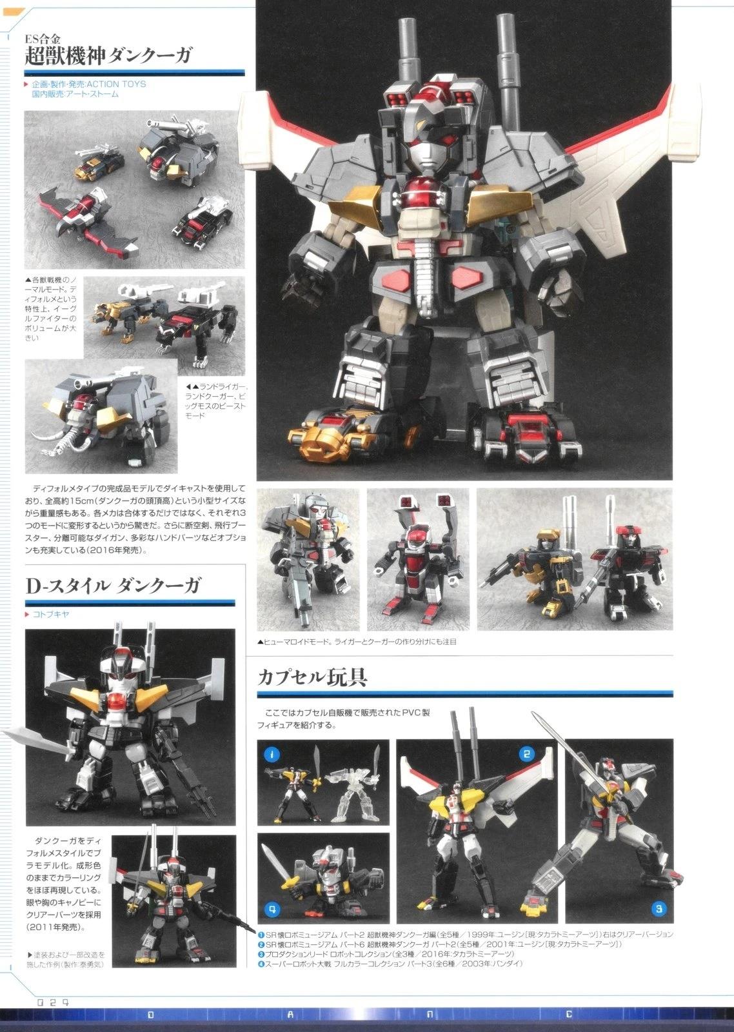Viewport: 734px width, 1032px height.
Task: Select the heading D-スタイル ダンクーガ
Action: pyautogui.click(x=114, y=586)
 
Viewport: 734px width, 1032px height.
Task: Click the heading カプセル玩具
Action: pyautogui.click(x=312, y=677)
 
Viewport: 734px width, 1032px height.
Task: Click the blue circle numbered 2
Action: pyautogui.click(x=526, y=755)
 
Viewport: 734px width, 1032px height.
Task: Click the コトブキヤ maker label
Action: pyautogui.click(x=51, y=614)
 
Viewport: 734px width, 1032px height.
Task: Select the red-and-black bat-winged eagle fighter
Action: pyautogui.click(x=88, y=219)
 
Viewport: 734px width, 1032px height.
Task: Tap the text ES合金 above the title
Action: pyautogui.click(x=43, y=38)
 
